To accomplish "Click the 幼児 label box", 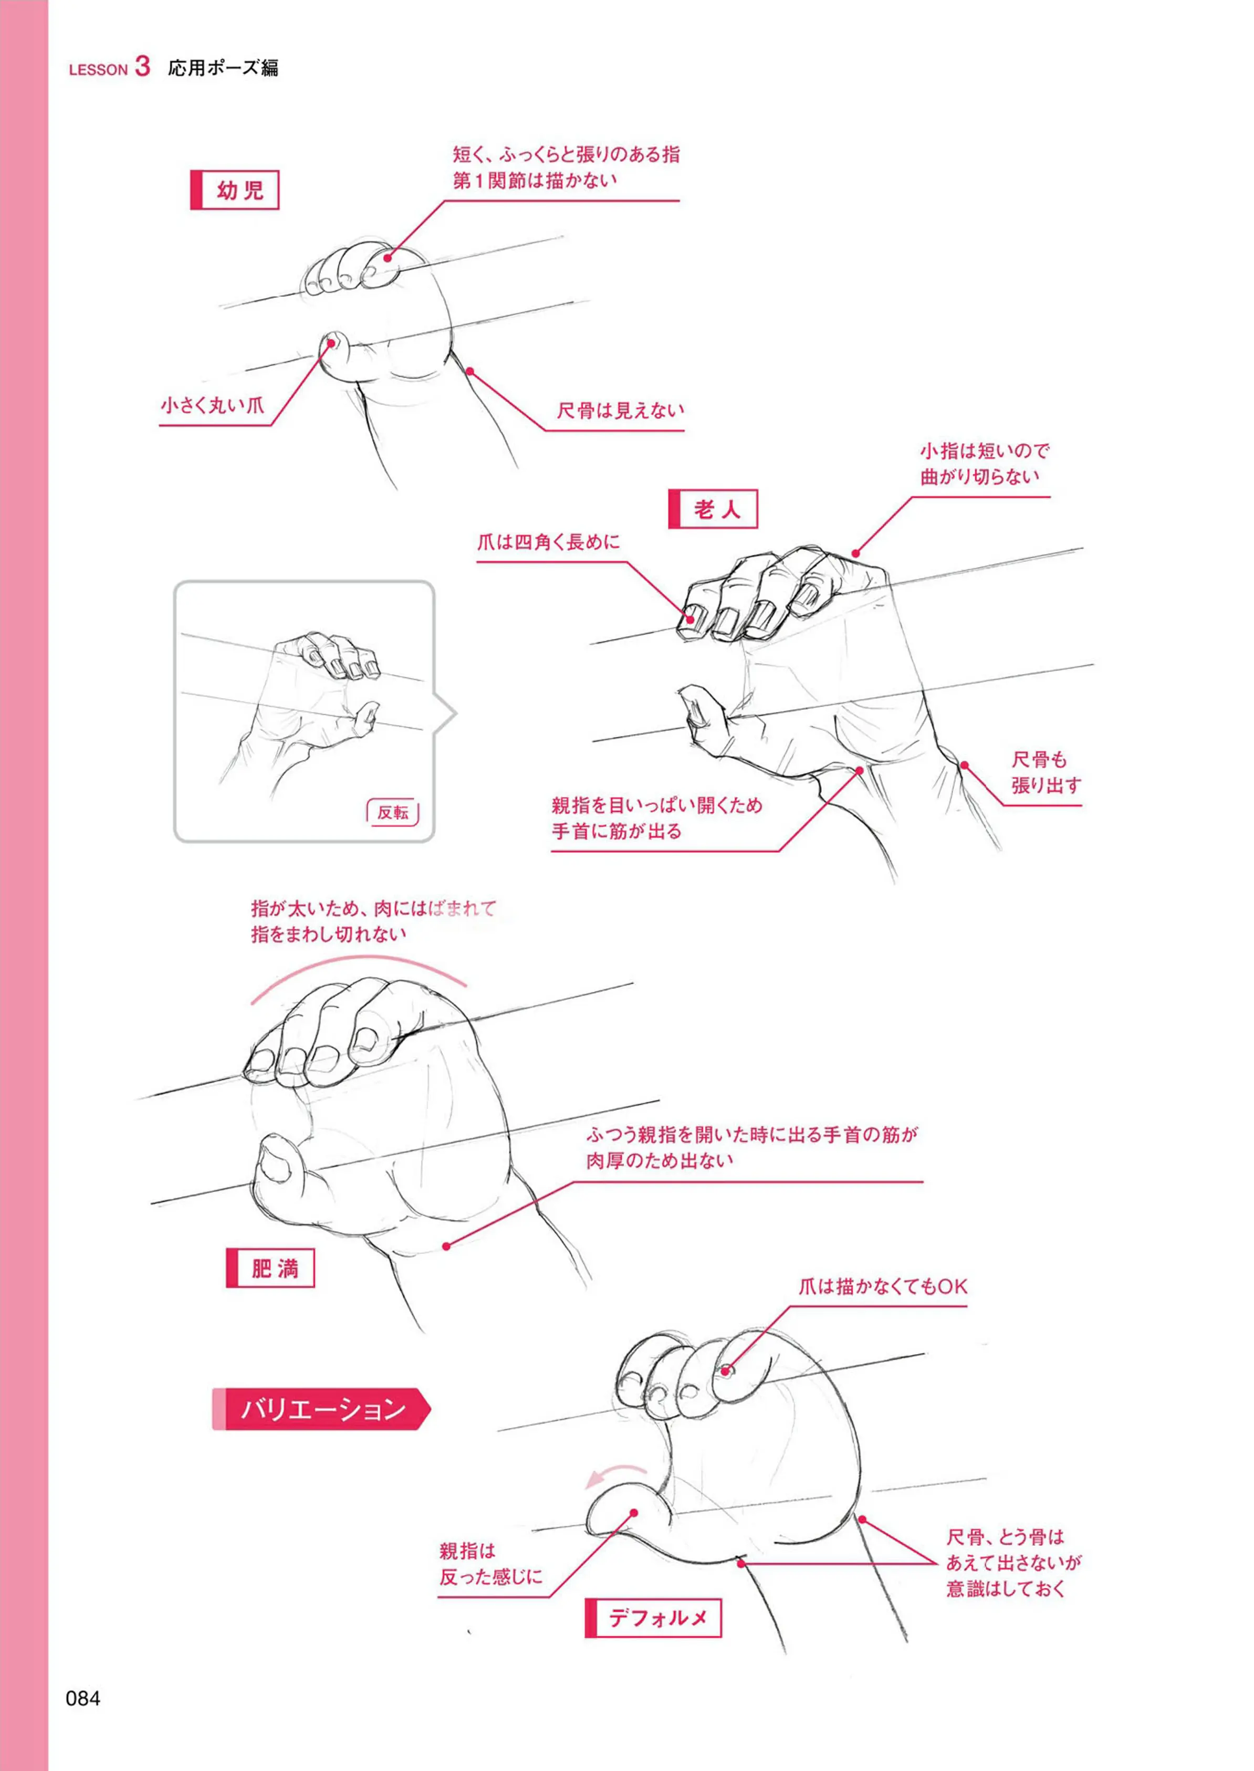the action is tap(234, 190).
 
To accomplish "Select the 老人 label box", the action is tap(713, 509).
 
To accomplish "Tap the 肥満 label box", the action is tap(270, 1267).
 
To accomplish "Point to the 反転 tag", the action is tap(392, 812).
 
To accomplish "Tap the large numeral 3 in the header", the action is tap(142, 66).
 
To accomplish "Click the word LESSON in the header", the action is tap(98, 69).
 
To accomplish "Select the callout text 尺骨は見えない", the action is tap(621, 410).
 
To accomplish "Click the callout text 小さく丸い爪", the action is tap(212, 404).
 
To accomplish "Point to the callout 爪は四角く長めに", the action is tap(548, 542).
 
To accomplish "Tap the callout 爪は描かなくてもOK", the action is tap(883, 1286).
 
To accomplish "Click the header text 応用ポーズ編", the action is tap(223, 68).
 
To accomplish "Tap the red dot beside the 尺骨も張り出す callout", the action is tap(965, 765).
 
